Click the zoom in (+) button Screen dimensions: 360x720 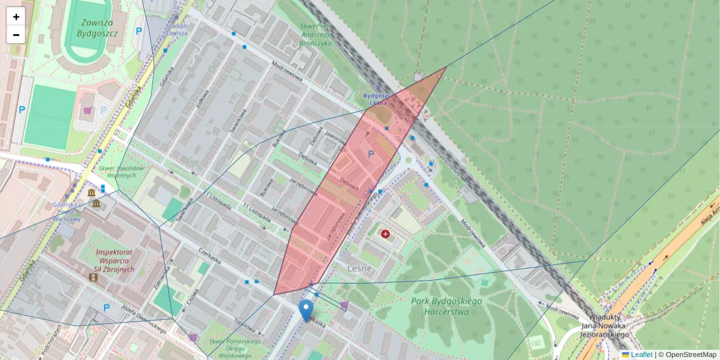(16, 17)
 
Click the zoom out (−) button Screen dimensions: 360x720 (16, 35)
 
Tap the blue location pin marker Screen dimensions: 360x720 (306, 310)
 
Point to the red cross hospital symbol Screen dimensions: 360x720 (385, 233)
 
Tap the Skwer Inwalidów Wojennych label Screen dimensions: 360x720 (122, 172)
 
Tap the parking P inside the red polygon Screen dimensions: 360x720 (371, 155)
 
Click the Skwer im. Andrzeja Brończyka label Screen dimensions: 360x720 (315, 35)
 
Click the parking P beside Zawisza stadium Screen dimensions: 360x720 (139, 31)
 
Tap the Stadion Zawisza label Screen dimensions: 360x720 (176, 29)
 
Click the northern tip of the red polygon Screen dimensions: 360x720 (446, 67)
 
